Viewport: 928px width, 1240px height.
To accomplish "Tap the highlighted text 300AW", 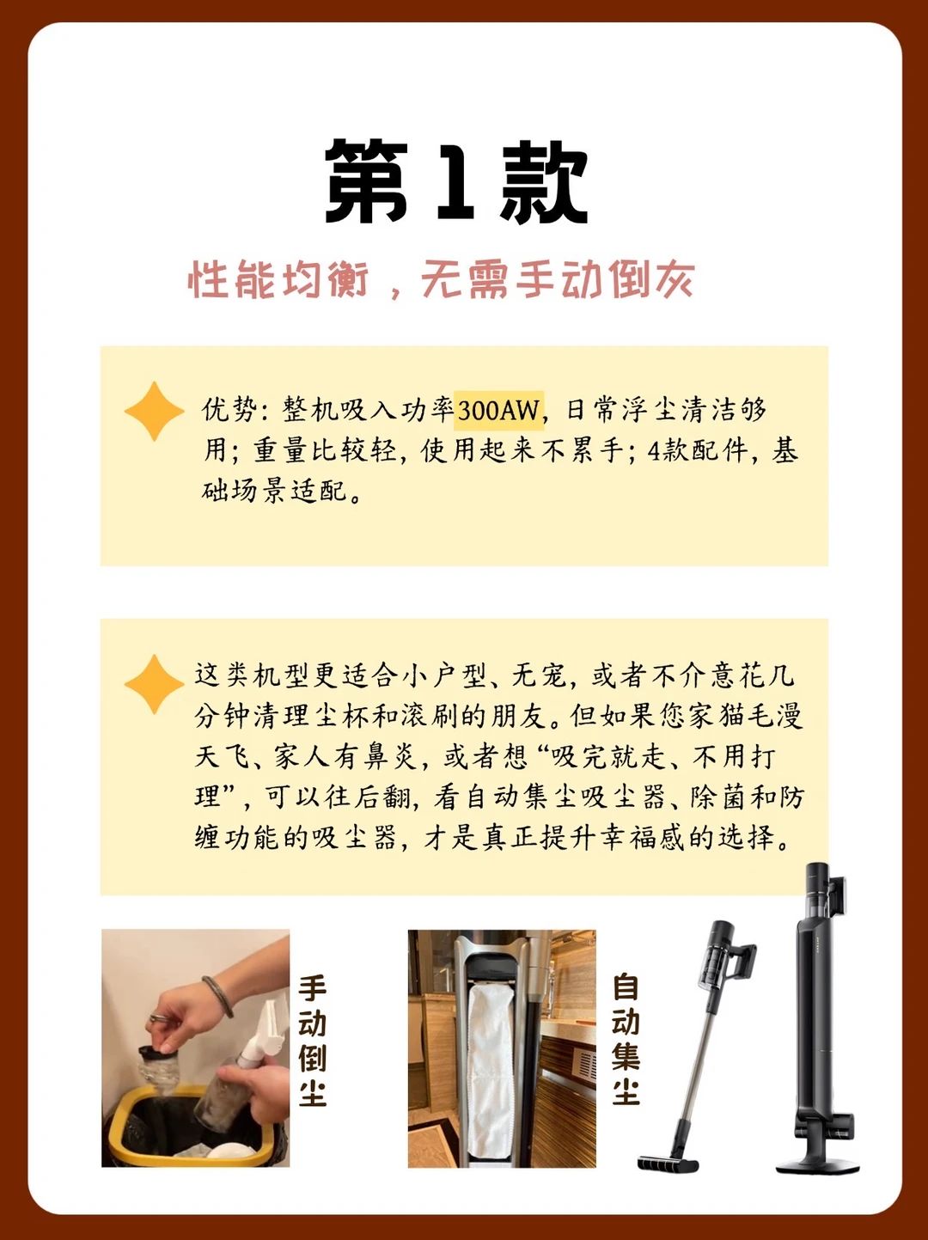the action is [498, 411].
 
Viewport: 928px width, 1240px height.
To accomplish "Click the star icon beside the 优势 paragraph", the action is [154, 411].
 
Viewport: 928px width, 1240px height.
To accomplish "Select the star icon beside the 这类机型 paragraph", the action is [154, 684].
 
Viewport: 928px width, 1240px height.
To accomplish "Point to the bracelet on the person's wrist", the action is [218, 997].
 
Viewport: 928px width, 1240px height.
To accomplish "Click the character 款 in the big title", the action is [543, 182].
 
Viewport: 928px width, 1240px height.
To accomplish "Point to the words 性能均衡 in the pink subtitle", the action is [278, 279].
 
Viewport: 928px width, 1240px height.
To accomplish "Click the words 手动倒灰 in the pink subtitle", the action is [603, 279].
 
